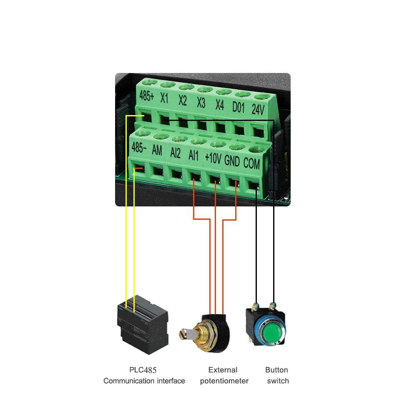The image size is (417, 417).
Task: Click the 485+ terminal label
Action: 146,95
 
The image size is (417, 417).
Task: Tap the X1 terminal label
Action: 164,98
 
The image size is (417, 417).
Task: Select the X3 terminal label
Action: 201,103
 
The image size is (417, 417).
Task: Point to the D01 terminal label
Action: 238,107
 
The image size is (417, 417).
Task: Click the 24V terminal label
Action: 258,109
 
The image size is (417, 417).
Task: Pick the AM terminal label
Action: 157,150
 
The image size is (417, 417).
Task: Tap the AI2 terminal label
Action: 175,153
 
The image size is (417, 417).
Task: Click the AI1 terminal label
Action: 193,156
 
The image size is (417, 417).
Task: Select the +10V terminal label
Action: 213,158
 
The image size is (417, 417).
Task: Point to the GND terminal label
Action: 232,161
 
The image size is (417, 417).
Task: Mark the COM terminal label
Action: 251,163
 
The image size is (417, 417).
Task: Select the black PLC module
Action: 143,324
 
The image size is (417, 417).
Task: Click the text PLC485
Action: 143,370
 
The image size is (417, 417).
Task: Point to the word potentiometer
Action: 224,381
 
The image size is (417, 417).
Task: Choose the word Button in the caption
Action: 276,370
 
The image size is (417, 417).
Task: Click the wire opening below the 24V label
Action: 258,132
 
